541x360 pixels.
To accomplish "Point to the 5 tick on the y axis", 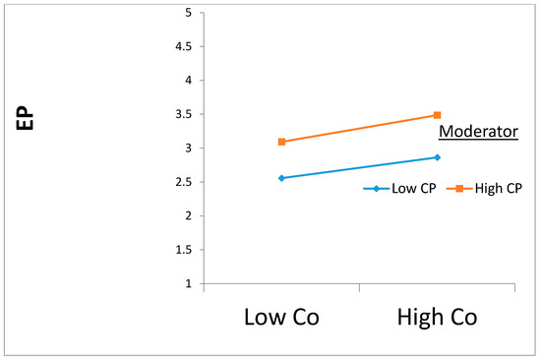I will click(x=188, y=13).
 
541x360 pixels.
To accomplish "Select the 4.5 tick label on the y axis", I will click(x=183, y=47).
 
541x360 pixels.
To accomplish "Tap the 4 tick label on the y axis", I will click(x=188, y=81).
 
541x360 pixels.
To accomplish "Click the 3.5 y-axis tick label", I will click(x=183, y=115).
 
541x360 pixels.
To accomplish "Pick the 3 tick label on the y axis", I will click(x=188, y=149).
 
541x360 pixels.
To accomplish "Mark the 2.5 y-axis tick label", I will click(x=183, y=182).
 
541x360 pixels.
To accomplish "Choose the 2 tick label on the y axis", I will click(x=188, y=216).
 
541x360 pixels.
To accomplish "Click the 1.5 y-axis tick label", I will click(x=183, y=250).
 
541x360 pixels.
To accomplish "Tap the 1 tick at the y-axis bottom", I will click(x=188, y=284).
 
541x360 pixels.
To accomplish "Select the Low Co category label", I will click(x=281, y=318).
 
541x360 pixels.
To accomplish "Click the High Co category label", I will click(x=438, y=318).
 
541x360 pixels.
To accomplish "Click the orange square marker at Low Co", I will click(x=281, y=142).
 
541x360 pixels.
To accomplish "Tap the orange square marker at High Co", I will click(x=438, y=115).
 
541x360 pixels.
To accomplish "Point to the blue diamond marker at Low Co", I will click(x=281, y=178).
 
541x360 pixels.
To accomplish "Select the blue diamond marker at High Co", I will click(x=438, y=157).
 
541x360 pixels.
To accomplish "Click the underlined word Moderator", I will click(x=478, y=132).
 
